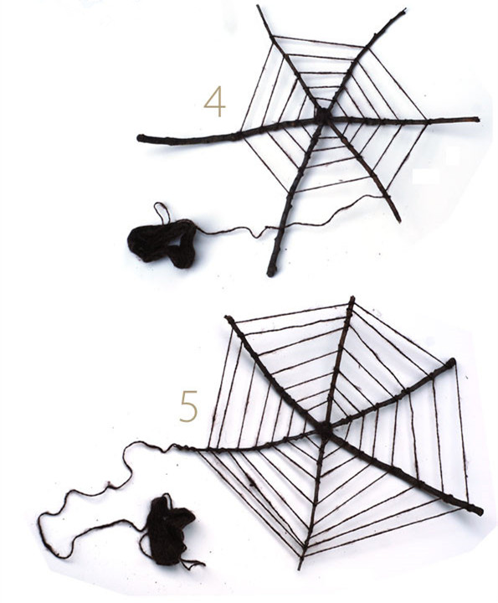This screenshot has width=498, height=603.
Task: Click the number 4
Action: point(214,101)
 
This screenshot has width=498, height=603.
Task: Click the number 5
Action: point(188,406)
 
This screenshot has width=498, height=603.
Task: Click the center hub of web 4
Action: point(324,116)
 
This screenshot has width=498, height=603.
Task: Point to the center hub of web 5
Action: point(325,430)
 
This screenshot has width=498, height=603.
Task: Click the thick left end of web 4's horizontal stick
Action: point(141,138)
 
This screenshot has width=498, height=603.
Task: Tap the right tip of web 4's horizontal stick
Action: point(477,119)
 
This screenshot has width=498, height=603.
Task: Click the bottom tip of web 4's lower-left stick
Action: point(271,273)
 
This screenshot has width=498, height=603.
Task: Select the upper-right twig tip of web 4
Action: point(404,10)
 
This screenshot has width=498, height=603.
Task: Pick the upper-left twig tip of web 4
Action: point(259,7)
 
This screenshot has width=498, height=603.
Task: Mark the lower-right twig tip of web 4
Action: point(399,220)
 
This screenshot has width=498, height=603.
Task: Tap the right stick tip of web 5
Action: point(452,362)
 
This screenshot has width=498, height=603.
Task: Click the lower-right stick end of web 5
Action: point(480,512)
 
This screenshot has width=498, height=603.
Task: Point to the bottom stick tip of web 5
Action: point(300,568)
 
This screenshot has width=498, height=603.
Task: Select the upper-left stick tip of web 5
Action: point(228,318)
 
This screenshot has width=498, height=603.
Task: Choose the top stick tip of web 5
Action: point(352,298)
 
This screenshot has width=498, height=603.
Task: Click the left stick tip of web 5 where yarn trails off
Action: point(176,446)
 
